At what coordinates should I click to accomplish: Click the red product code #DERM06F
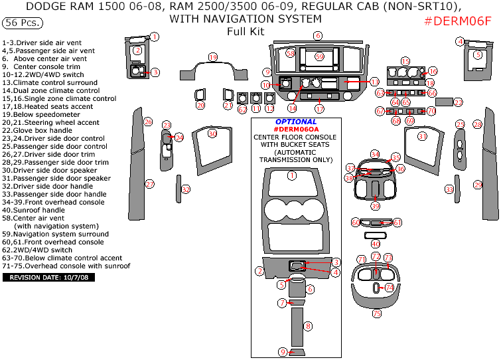[458, 21]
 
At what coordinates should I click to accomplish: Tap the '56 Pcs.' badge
[23, 23]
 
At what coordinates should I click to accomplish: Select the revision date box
[49, 277]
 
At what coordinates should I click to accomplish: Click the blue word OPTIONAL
[295, 122]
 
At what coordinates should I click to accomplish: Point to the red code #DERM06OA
[296, 130]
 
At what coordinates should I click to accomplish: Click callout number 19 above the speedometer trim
[212, 58]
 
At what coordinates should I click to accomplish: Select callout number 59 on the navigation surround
[319, 57]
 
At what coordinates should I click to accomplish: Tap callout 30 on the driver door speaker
[212, 134]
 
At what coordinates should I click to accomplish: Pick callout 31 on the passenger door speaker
[422, 136]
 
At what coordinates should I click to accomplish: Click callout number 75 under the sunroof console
[376, 313]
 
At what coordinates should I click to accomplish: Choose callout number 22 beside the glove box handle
[459, 102]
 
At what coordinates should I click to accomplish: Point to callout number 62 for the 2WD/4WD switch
[242, 109]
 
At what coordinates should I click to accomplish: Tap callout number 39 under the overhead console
[376, 206]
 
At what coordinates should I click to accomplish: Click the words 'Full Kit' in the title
[245, 31]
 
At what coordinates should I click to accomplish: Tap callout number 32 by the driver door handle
[186, 189]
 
